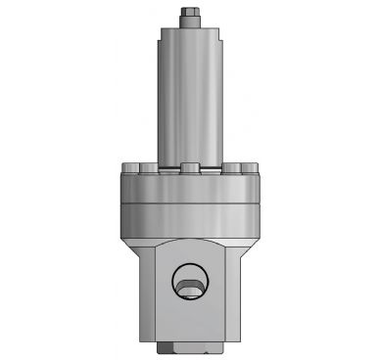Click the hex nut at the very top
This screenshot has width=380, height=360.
click(189, 16)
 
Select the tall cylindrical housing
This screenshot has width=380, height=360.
click(189, 98)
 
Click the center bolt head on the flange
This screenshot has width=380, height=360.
click(190, 167)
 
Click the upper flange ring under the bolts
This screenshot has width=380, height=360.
click(189, 188)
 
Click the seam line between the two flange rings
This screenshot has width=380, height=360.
click(189, 202)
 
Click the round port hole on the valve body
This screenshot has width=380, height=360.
click(189, 285)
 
